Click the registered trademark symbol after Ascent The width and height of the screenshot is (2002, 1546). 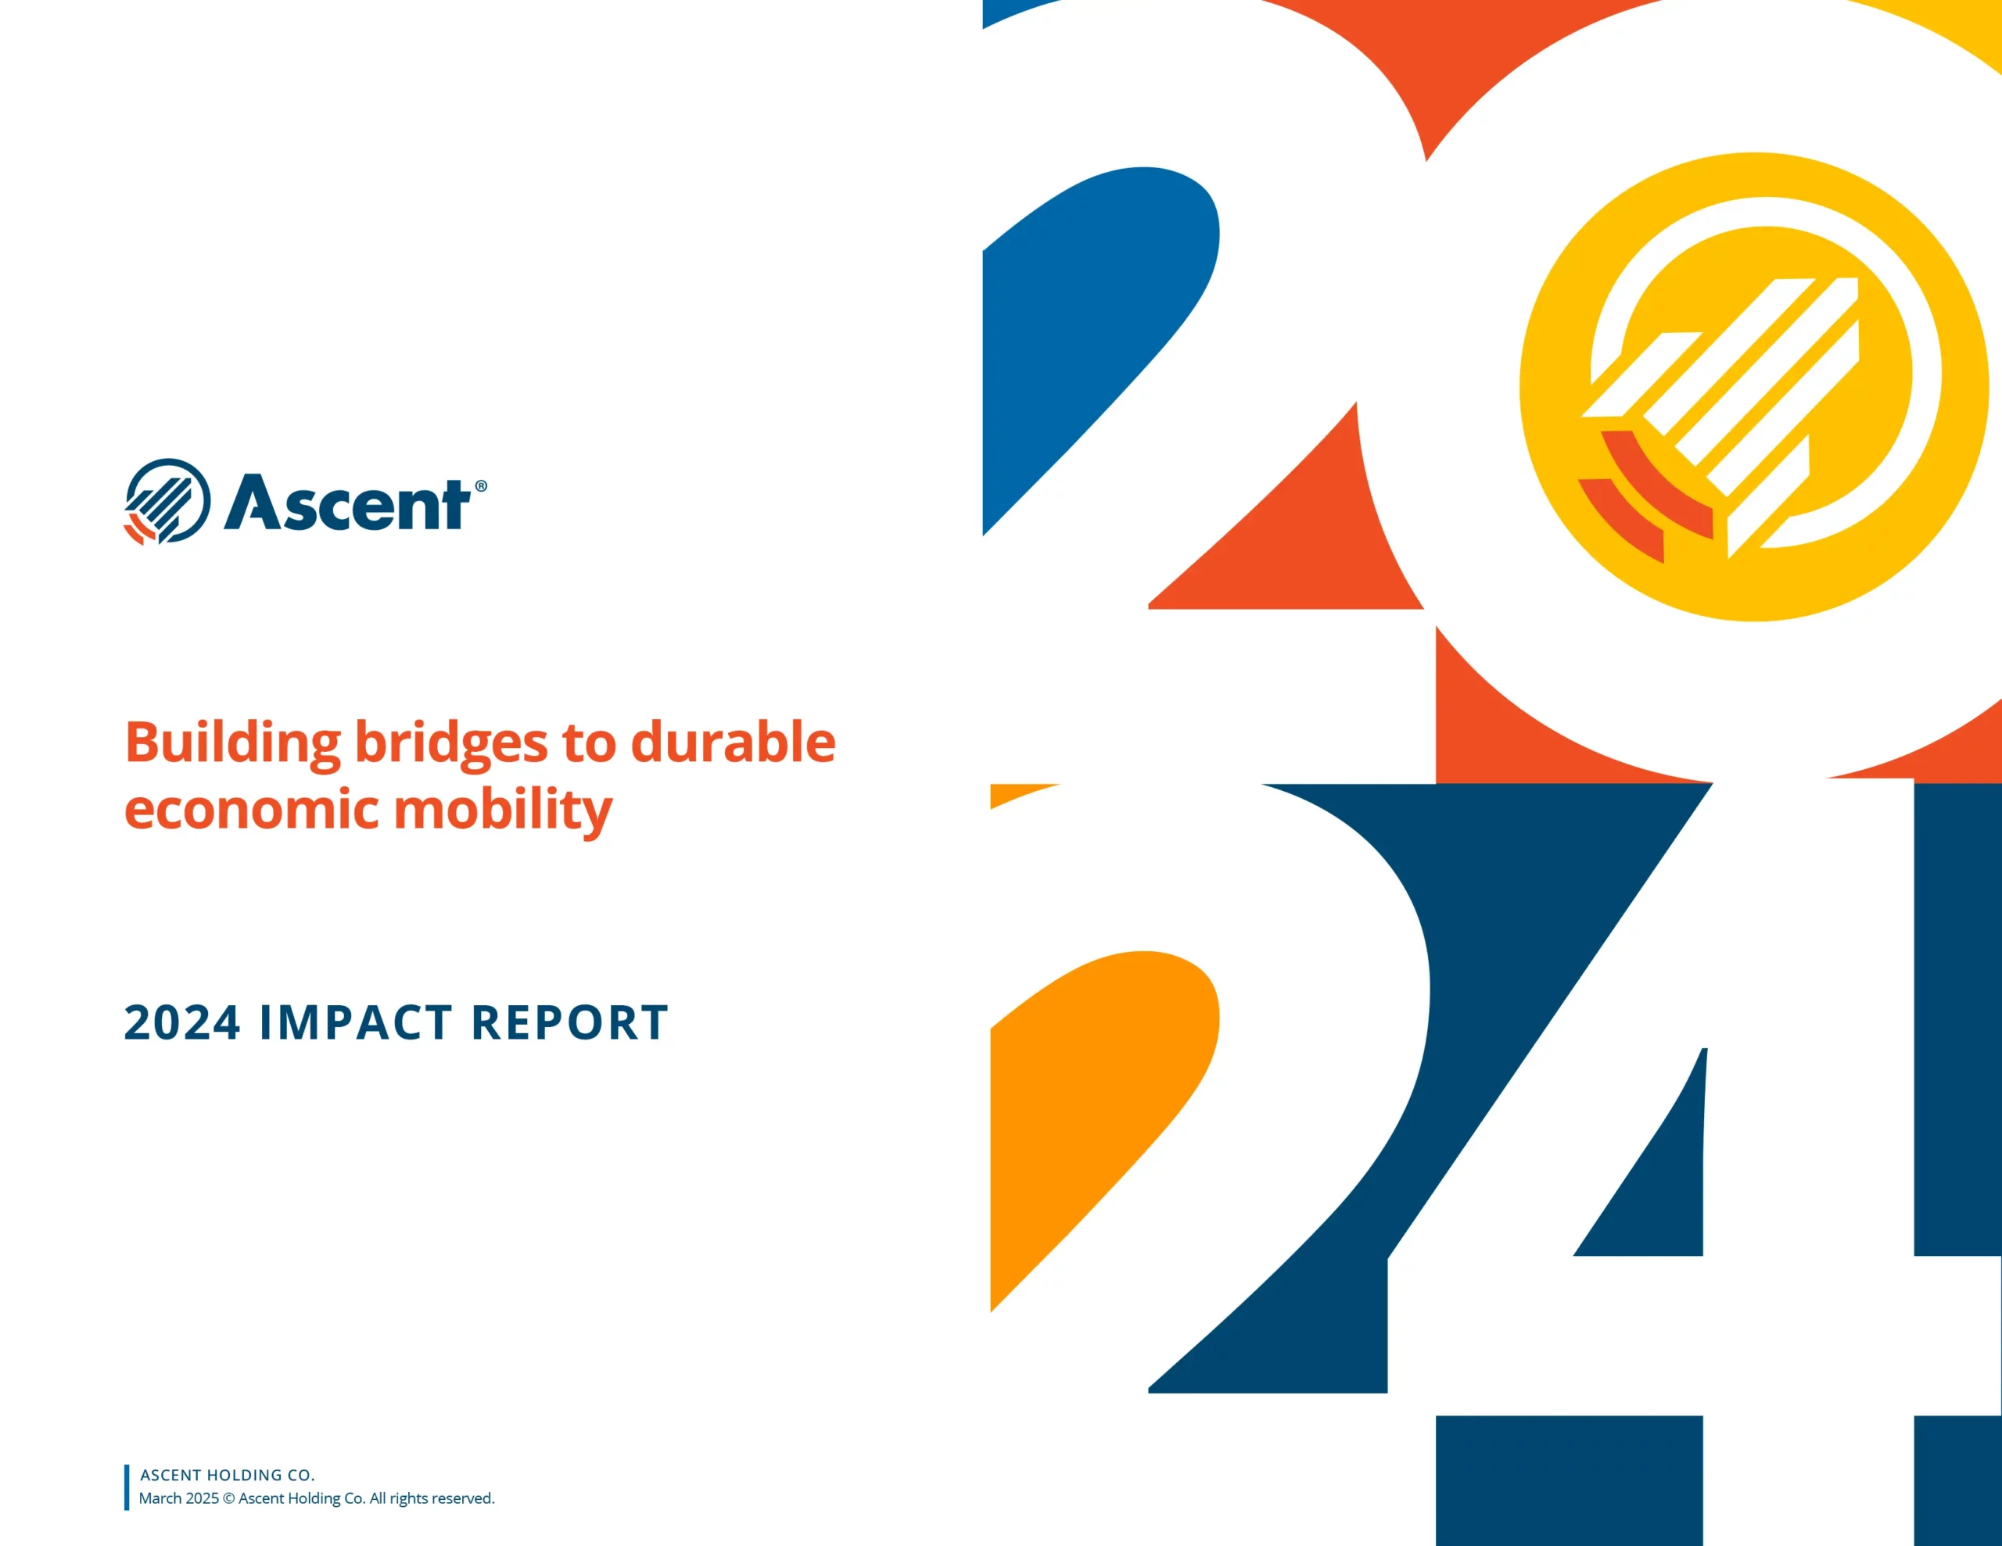(x=481, y=487)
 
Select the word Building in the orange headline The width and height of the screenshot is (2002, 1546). (x=232, y=743)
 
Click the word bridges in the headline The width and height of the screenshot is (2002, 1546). (x=451, y=743)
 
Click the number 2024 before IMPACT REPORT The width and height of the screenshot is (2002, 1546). (x=181, y=1023)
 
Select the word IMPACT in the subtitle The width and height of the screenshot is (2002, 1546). (x=356, y=1023)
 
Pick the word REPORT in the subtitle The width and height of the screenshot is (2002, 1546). (x=569, y=1023)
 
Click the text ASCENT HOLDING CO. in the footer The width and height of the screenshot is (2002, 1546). (x=228, y=1475)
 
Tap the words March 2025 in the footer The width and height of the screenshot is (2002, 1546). (x=179, y=1498)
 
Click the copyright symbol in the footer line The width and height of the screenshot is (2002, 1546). (x=229, y=1498)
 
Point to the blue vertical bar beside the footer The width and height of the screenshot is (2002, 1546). (x=127, y=1487)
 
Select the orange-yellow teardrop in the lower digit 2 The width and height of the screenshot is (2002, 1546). (x=1091, y=1100)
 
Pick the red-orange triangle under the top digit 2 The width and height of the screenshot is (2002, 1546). (x=1301, y=541)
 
